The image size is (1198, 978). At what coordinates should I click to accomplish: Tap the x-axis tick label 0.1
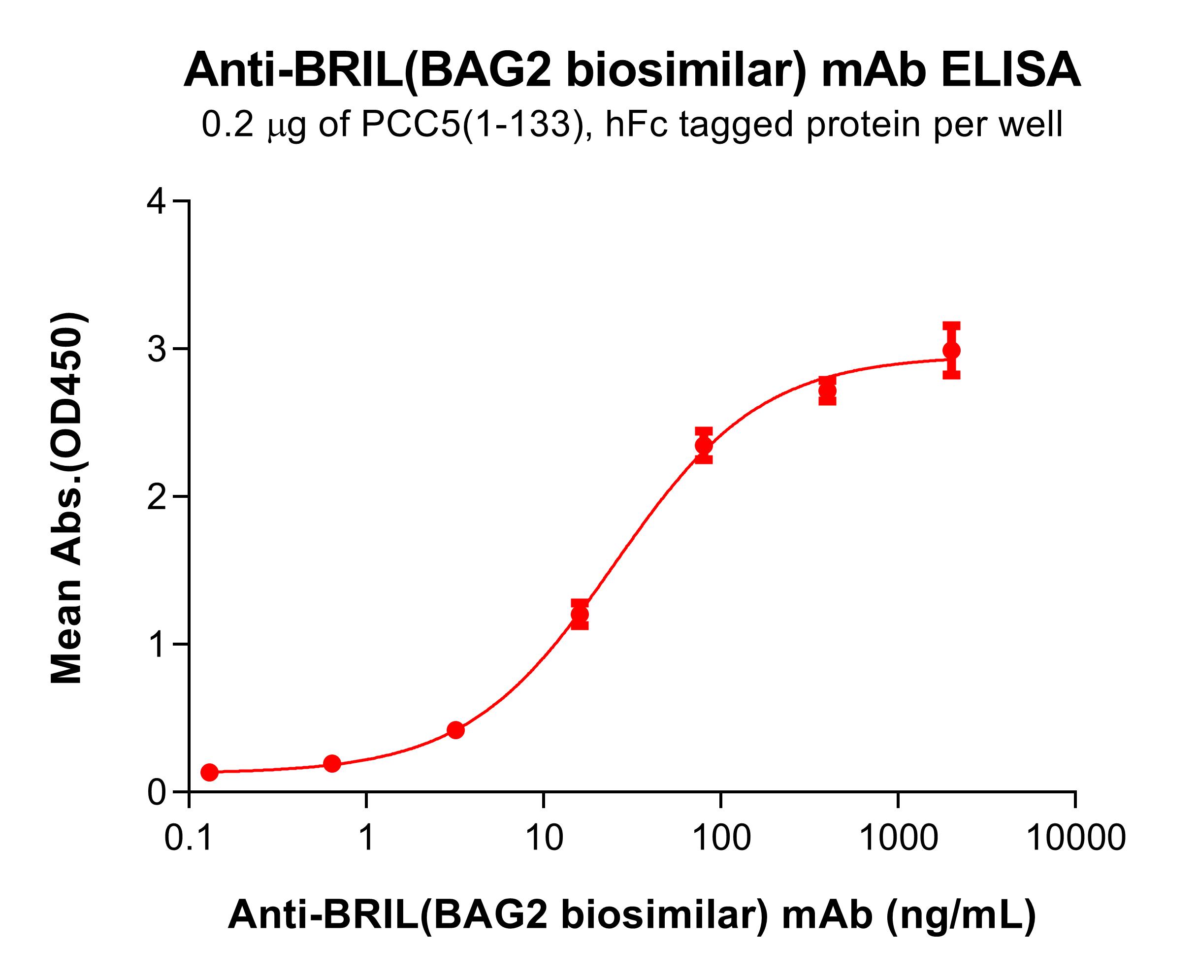click(189, 838)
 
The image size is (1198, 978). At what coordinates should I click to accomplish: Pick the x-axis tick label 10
click(544, 838)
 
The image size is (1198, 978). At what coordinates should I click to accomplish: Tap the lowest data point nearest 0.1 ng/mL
click(210, 772)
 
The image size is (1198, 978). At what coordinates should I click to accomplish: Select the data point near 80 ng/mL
click(704, 446)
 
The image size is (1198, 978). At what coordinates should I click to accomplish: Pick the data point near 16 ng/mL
click(580, 615)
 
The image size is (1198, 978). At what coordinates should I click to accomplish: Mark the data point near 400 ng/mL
click(827, 391)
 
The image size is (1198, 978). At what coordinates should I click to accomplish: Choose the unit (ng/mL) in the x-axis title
click(961, 914)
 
